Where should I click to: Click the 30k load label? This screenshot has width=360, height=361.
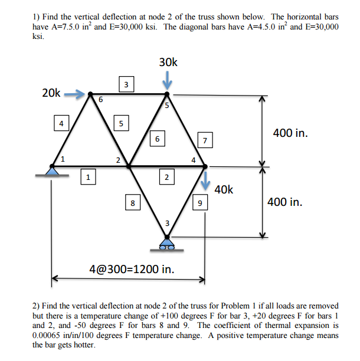(168, 62)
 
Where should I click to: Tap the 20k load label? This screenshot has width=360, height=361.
(51, 93)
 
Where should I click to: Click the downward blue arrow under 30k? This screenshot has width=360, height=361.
(168, 78)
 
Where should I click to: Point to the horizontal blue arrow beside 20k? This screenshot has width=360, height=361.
(73, 93)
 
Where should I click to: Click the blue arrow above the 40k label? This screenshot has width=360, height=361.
(205, 179)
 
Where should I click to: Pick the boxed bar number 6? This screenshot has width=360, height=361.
(156, 139)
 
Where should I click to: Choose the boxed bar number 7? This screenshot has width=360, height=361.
(204, 140)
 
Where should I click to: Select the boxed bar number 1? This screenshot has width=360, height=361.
(87, 175)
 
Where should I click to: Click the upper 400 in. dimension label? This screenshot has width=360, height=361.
(290, 133)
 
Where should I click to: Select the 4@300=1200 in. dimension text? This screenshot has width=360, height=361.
(132, 270)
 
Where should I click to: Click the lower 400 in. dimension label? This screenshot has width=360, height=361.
(285, 202)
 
